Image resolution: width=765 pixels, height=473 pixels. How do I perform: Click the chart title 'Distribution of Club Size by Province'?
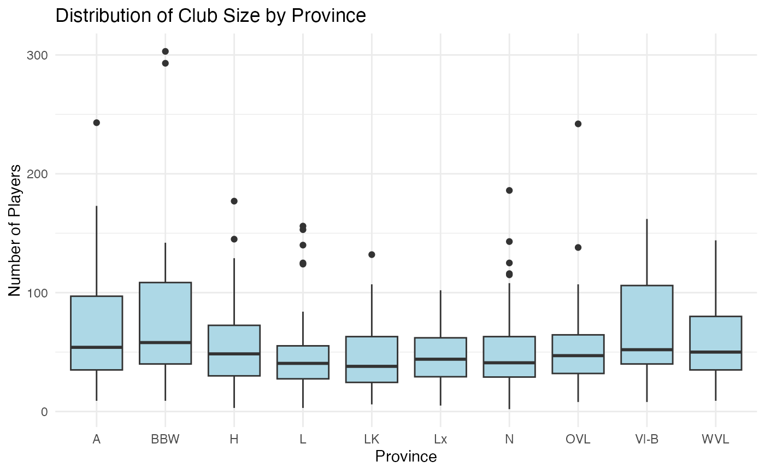[x=210, y=15]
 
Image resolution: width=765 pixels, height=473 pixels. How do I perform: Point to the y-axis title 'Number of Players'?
[x=16, y=230]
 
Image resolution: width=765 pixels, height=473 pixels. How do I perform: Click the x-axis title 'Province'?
[x=405, y=457]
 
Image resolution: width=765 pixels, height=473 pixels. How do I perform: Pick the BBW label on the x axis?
[x=165, y=440]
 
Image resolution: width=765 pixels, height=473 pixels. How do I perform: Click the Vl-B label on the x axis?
[x=647, y=440]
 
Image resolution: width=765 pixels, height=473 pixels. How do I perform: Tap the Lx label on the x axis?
[x=440, y=440]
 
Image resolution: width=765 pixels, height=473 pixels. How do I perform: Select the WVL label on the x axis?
[x=716, y=440]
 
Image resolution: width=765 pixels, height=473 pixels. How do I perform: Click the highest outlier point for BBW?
[x=165, y=51]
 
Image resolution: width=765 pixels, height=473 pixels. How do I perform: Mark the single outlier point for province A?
[x=96, y=122]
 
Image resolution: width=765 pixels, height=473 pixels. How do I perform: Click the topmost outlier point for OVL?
[x=578, y=124]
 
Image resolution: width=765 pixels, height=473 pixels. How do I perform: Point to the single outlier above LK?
[x=372, y=254]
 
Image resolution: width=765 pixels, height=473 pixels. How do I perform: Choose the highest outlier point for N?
[x=509, y=190]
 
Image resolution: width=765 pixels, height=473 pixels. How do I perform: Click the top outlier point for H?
[x=234, y=201]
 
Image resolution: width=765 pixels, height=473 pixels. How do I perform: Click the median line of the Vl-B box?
[x=647, y=349]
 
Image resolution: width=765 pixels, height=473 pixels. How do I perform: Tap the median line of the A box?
[x=96, y=347]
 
